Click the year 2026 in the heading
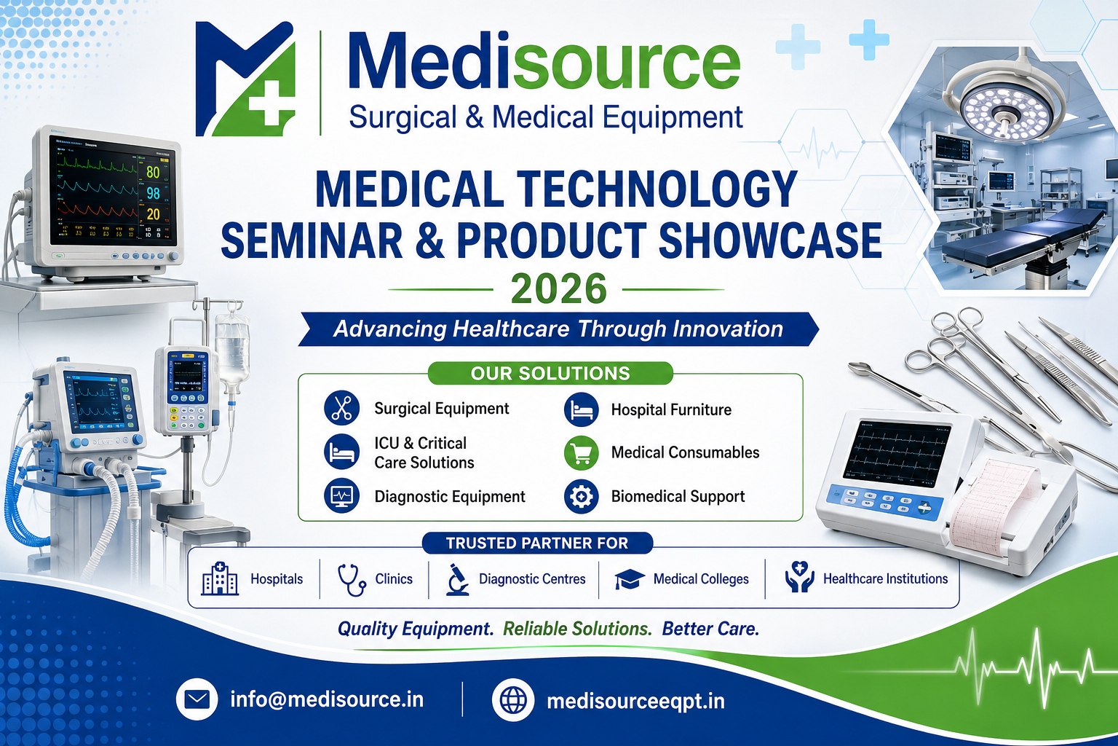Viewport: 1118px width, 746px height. (558, 288)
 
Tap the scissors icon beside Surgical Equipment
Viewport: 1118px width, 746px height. (341, 408)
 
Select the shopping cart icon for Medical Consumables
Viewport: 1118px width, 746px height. (581, 452)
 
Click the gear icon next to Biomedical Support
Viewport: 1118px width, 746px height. (581, 497)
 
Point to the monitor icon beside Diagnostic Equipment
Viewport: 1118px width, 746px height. (341, 496)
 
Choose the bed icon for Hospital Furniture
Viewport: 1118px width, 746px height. (581, 409)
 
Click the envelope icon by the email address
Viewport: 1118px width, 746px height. (197, 699)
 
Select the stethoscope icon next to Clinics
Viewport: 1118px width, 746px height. (352, 580)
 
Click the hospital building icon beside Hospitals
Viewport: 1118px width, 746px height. (220, 578)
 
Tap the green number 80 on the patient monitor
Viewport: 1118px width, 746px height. (153, 173)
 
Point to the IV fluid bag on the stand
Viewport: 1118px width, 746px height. (232, 353)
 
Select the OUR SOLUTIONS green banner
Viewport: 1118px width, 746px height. (550, 373)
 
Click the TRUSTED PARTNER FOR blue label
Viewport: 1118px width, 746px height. (537, 543)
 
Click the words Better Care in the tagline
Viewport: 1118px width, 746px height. (710, 629)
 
